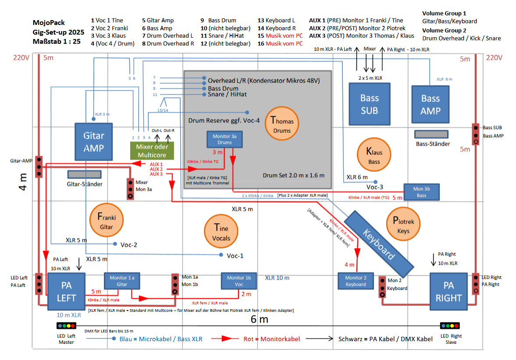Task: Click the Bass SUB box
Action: tap(370, 104)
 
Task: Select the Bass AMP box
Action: tap(431, 104)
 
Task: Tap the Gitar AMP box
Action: tap(94, 142)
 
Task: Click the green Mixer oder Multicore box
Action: tap(152, 151)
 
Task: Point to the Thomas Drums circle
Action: tap(282, 123)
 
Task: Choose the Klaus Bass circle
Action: tap(374, 155)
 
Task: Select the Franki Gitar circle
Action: tap(106, 220)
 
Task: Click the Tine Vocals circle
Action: tap(221, 231)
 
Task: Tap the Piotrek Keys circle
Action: tap(403, 224)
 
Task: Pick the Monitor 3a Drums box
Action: tap(225, 139)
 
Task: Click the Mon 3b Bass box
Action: tap(422, 192)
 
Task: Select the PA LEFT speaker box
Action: tap(67, 292)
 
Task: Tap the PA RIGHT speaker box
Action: tap(448, 292)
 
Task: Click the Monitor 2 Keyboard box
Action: tap(356, 281)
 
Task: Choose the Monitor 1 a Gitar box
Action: tap(122, 281)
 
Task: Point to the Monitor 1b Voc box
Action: tap(239, 281)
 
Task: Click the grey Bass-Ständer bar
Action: tap(431, 134)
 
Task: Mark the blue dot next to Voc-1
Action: tap(221, 255)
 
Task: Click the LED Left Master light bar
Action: tap(67, 326)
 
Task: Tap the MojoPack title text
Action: tap(49, 23)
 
